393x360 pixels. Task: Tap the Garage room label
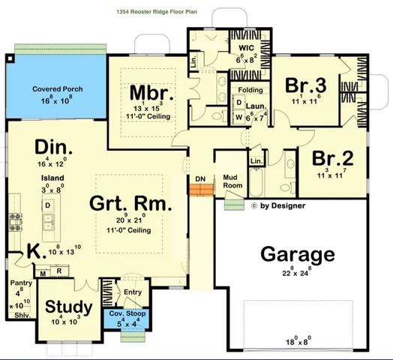[x=297, y=254]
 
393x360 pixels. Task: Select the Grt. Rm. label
[x=130, y=204]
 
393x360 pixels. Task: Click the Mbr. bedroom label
[x=152, y=94]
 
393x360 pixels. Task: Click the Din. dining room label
[x=52, y=145]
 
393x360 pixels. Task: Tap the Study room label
[x=68, y=307]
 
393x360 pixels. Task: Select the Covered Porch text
[x=57, y=89]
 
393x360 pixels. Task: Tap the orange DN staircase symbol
[x=200, y=192]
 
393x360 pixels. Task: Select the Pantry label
[x=20, y=283]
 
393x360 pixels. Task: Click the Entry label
[x=133, y=292]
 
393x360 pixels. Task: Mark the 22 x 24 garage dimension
[x=297, y=274]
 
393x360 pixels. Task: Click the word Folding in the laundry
[x=250, y=90]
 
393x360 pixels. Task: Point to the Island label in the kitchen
[x=52, y=178]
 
